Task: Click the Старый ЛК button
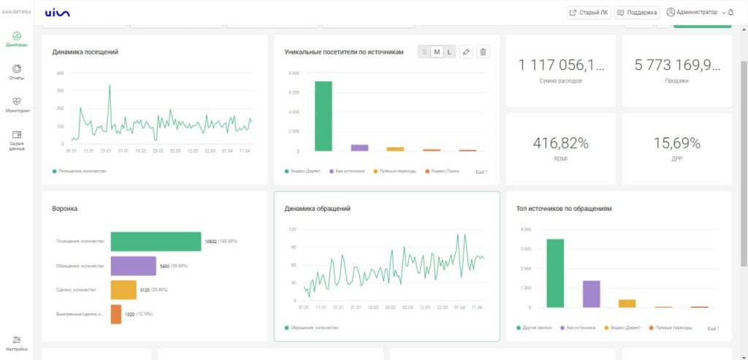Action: click(589, 12)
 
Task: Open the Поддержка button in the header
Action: click(637, 12)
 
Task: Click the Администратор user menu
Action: click(692, 12)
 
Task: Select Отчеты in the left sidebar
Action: click(17, 72)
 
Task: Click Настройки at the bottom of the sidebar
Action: click(17, 342)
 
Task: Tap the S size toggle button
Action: click(424, 52)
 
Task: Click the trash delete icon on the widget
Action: click(483, 52)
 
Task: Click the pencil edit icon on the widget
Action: click(467, 52)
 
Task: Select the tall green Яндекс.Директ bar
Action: click(324, 115)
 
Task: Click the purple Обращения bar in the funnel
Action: click(133, 266)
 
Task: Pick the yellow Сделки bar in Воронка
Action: click(123, 290)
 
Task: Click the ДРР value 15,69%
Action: click(676, 142)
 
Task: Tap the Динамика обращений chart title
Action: click(317, 209)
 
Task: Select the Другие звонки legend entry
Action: click(535, 328)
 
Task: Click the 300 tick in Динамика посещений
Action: click(60, 73)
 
